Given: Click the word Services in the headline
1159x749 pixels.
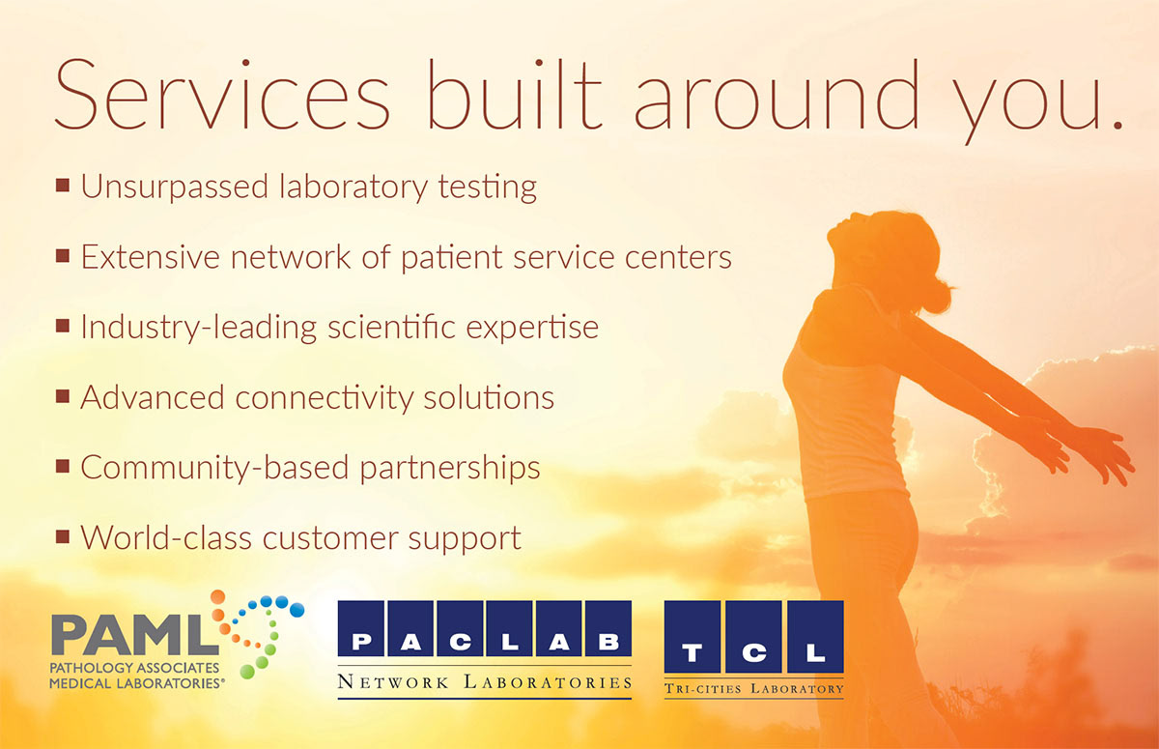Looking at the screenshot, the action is (222, 94).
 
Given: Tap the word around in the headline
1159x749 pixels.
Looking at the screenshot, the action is (776, 94).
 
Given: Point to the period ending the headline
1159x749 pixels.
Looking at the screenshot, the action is (1117, 124).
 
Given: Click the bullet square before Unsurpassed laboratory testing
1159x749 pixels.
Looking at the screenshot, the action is (63, 185).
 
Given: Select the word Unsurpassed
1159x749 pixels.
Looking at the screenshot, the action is (175, 187).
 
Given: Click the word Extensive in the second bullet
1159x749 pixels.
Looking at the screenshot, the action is (150, 257).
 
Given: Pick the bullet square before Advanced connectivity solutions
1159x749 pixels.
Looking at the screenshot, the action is (63, 396).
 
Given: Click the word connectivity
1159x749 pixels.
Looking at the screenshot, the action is (325, 398).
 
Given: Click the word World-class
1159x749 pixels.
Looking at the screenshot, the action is (166, 537).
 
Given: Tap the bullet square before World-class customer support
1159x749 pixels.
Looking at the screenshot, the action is (63, 536).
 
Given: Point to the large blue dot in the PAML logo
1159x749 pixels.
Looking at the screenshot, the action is (297, 610).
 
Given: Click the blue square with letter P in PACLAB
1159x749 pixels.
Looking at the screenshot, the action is (361, 628).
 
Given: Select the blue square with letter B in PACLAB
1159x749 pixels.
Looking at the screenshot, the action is (608, 628).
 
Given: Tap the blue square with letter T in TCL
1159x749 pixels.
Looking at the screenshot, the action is (693, 637).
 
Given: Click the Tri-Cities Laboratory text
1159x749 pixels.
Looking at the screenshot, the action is (754, 689).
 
